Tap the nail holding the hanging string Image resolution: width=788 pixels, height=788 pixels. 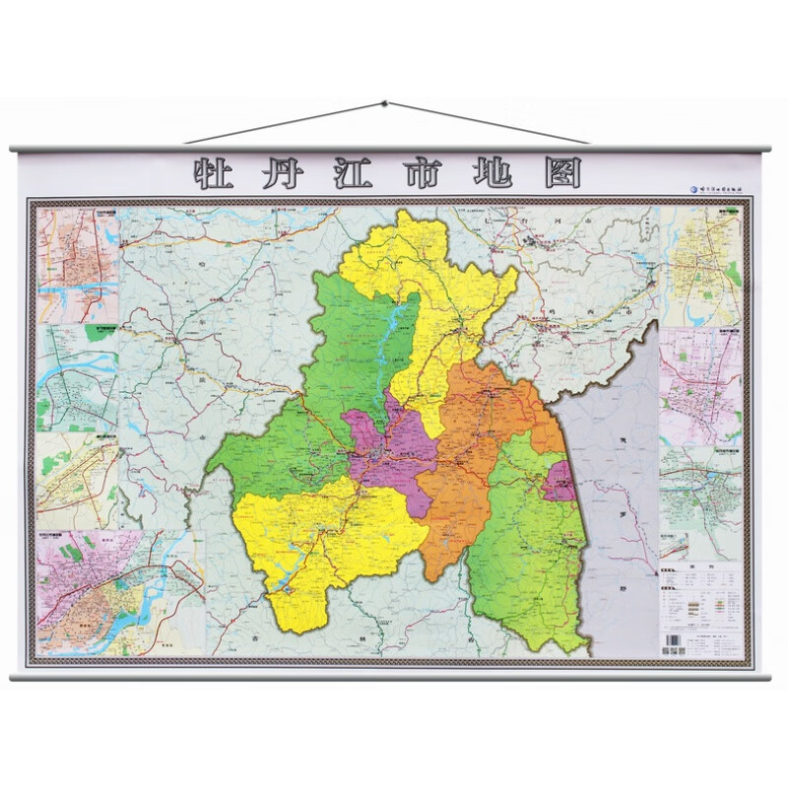[383, 102]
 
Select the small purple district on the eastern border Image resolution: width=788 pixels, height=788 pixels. [559, 481]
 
